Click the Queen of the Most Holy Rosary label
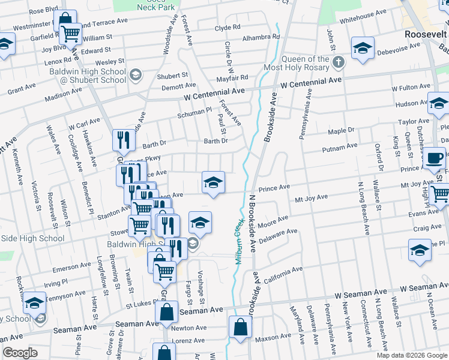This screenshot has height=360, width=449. click(x=306, y=63)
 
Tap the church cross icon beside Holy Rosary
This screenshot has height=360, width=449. click(x=339, y=62)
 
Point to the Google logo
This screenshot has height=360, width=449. click(x=20, y=353)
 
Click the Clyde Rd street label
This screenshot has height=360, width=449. click(x=228, y=28)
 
